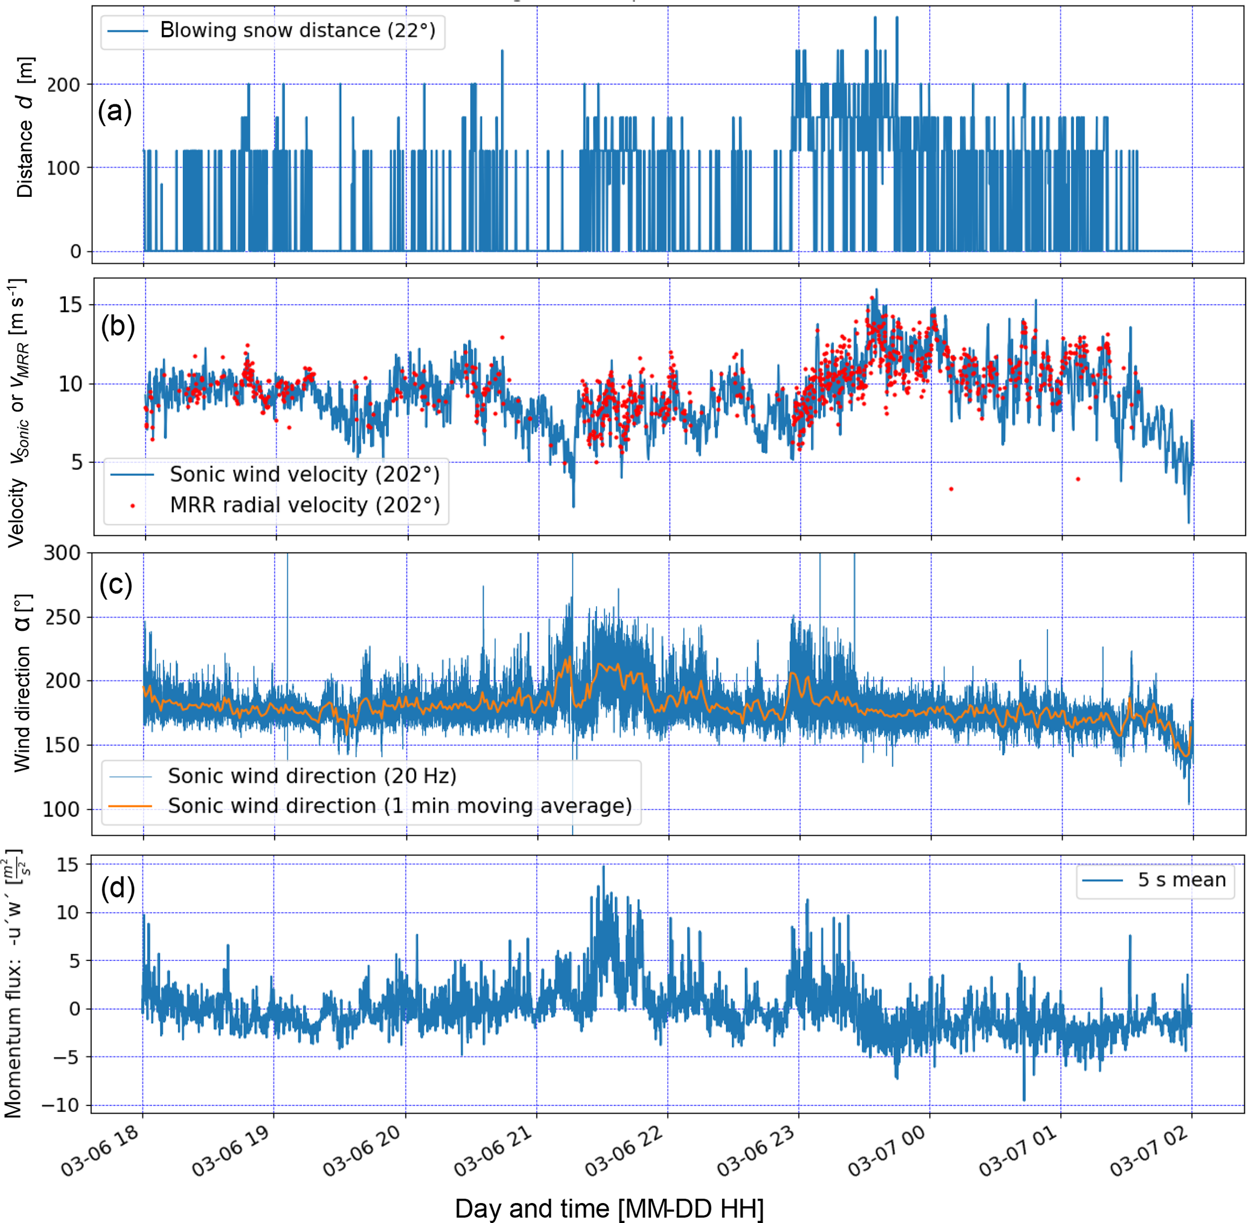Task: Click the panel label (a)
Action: coord(114,112)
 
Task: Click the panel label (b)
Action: coord(118,327)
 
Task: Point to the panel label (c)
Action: coord(115,584)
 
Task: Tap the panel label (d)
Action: coord(118,889)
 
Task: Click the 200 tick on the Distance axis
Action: coord(63,85)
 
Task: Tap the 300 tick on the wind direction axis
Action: coord(62,553)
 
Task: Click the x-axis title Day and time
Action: coord(609,1209)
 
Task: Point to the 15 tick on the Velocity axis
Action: coord(71,305)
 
